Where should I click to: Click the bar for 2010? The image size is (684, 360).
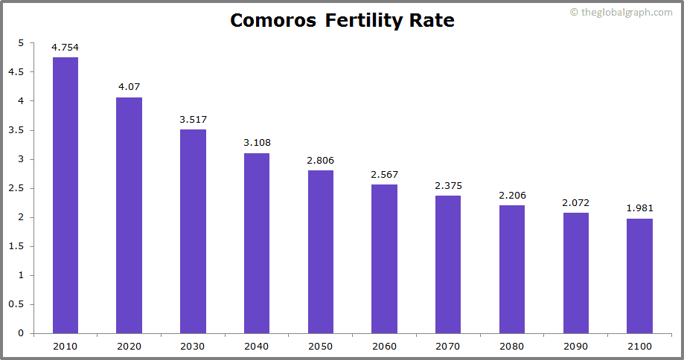tap(65, 195)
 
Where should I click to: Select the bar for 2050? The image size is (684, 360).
tap(321, 251)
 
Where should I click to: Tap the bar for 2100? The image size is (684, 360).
tap(639, 275)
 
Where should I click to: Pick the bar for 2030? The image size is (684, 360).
tap(193, 231)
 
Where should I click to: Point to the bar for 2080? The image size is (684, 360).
tap(512, 269)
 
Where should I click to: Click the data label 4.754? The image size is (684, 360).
tap(65, 48)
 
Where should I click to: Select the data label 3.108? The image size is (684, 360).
tap(257, 144)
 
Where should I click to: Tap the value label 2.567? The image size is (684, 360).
tap(384, 175)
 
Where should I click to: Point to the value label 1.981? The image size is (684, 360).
tap(639, 209)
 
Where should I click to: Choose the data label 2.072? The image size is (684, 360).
tap(575, 203)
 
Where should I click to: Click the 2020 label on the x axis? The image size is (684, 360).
tap(129, 347)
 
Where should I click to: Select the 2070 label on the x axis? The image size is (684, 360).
tap(448, 347)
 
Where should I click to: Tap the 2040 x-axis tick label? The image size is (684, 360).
tap(257, 347)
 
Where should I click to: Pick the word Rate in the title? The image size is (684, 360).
tap(432, 21)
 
